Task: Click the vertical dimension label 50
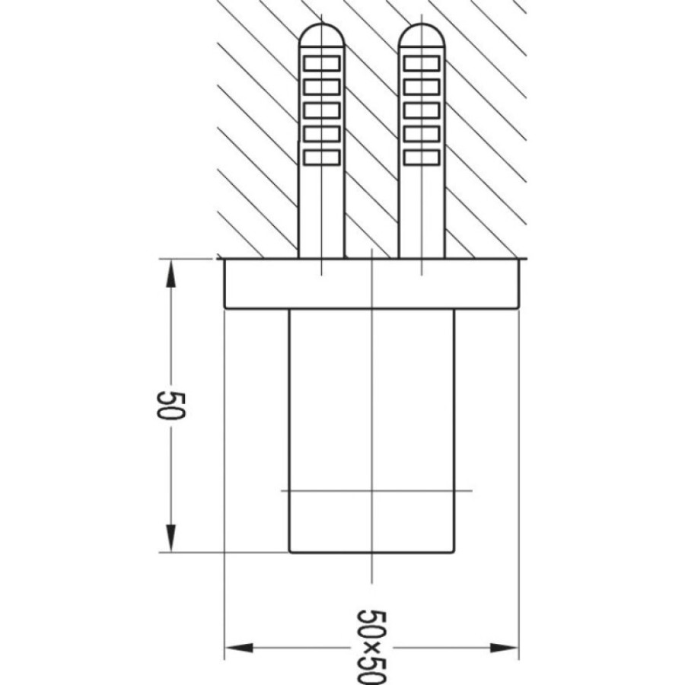point(172,406)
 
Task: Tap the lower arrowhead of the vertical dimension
point(170,538)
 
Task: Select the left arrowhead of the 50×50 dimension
point(239,648)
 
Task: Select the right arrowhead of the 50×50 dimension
point(504,648)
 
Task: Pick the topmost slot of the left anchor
point(322,63)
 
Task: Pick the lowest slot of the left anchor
point(322,158)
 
